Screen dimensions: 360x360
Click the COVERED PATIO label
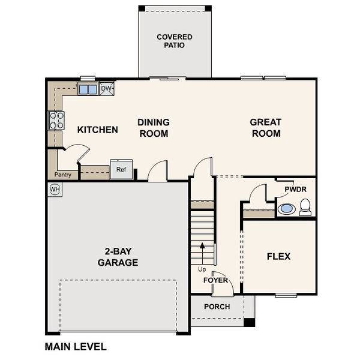pyautogui.click(x=175, y=41)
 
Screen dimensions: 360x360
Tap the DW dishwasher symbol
pyautogui.click(x=107, y=89)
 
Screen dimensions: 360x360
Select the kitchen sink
pyautogui.click(x=88, y=89)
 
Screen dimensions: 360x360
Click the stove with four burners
pyautogui.click(x=56, y=121)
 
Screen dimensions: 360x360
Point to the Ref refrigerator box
pyautogui.click(x=121, y=170)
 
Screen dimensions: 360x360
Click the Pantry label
pyautogui.click(x=62, y=175)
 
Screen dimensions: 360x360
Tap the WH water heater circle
pyautogui.click(x=55, y=190)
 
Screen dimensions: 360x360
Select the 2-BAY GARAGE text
pyautogui.click(x=118, y=257)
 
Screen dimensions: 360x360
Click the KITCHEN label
pyautogui.click(x=98, y=130)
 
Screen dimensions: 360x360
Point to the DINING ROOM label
pyautogui.click(x=154, y=128)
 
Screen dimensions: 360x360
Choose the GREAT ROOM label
pyautogui.click(x=265, y=128)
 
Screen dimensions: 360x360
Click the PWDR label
pyautogui.click(x=295, y=189)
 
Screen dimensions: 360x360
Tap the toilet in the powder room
pyautogui.click(x=305, y=208)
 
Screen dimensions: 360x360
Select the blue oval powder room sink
pyautogui.click(x=287, y=209)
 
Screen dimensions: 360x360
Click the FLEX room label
pyautogui.click(x=278, y=256)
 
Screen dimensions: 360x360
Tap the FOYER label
pyautogui.click(x=215, y=280)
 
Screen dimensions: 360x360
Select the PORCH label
pyautogui.click(x=217, y=307)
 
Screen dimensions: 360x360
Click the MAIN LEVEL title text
pyautogui.click(x=76, y=346)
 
